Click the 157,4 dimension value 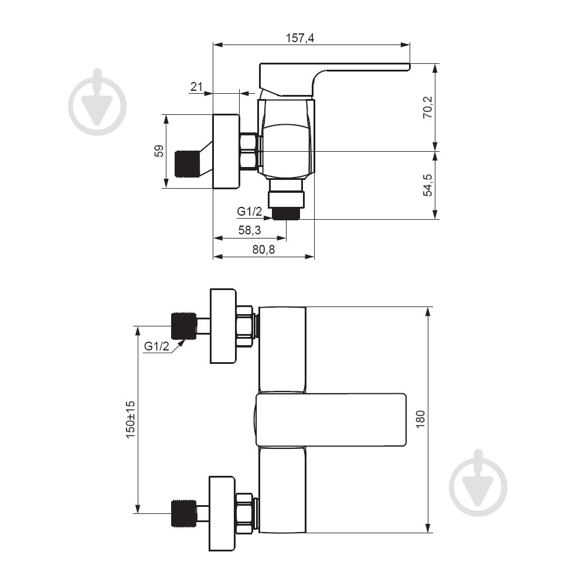299,38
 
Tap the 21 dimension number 196,87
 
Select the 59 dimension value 159,151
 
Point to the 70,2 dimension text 428,107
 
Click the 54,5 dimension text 428,185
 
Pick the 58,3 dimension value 250,230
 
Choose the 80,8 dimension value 264,249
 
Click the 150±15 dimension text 130,420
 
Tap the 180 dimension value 420,420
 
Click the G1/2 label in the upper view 249,212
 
